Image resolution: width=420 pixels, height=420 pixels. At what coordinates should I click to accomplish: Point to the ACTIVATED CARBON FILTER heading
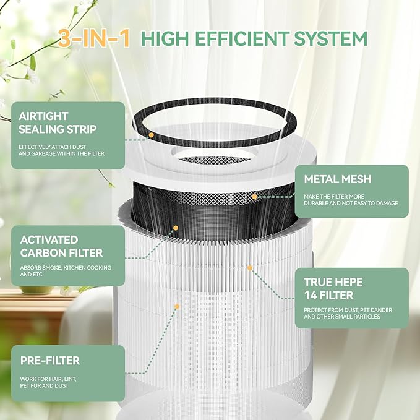61,246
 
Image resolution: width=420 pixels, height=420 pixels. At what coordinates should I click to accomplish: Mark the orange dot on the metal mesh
254,196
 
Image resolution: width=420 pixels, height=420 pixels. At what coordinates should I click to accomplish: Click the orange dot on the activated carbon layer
176,228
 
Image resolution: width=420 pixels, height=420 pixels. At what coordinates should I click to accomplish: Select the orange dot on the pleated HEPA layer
250,268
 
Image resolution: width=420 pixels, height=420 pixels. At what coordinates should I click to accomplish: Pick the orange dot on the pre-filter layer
177,306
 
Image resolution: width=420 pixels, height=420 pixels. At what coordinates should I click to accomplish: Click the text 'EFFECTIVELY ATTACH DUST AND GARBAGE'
61,150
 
